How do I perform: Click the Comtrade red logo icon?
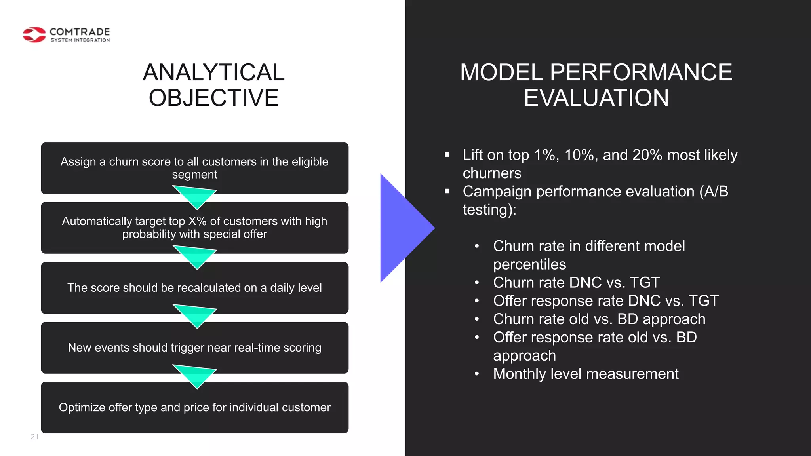pyautogui.click(x=34, y=35)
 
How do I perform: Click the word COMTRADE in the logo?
pyautogui.click(x=80, y=32)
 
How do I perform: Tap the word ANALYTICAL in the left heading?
pyautogui.click(x=213, y=72)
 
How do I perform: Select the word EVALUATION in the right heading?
pyautogui.click(x=596, y=98)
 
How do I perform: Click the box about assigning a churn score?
pyautogui.click(x=194, y=168)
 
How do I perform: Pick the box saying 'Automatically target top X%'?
pyautogui.click(x=194, y=228)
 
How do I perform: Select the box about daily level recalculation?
pyautogui.click(x=194, y=288)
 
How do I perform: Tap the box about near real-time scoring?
pyautogui.click(x=194, y=348)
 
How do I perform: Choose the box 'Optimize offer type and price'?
pyautogui.click(x=194, y=407)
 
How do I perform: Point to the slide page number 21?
pyautogui.click(x=34, y=437)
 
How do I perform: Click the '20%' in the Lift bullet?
pyautogui.click(x=647, y=155)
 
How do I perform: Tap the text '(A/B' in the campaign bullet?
pyautogui.click(x=714, y=192)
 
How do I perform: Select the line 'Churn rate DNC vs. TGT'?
pyautogui.click(x=576, y=283)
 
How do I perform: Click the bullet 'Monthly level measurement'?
pyautogui.click(x=586, y=374)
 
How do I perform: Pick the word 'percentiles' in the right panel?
pyautogui.click(x=529, y=264)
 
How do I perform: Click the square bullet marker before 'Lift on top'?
pyautogui.click(x=447, y=155)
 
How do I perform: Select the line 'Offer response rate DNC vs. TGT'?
pyautogui.click(x=605, y=301)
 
